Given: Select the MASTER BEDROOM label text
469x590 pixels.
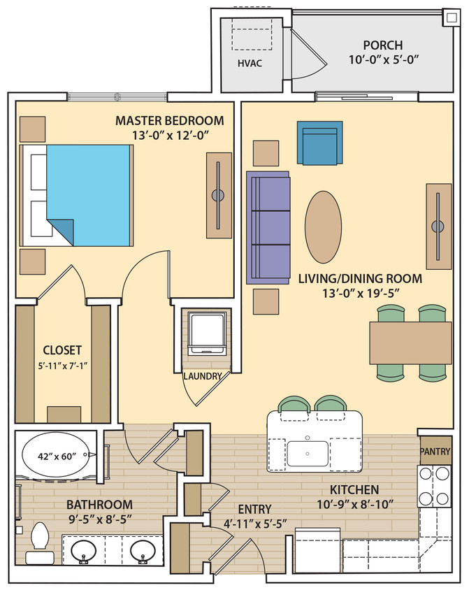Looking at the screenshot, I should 170,120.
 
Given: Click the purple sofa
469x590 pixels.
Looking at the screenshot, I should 268,227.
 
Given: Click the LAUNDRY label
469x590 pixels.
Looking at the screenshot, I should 203,376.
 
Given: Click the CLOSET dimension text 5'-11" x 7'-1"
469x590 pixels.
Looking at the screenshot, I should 62,365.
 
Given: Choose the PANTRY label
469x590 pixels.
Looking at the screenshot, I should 435,451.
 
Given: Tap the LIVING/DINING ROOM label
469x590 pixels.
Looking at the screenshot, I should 349,278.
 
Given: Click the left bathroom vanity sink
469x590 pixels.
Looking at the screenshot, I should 85,550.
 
